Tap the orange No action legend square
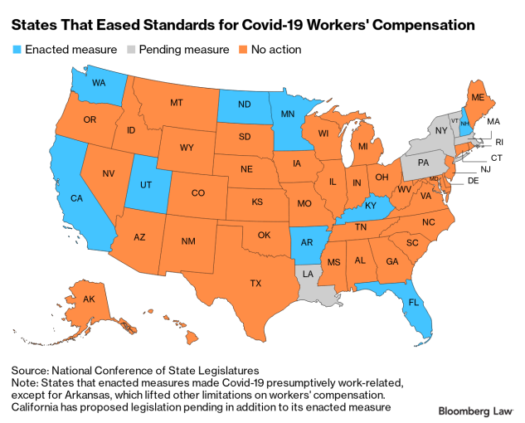pyautogui.click(x=241, y=50)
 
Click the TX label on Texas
pyautogui.click(x=255, y=283)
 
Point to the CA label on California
pyautogui.click(x=75, y=199)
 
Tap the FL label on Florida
pyautogui.click(x=412, y=304)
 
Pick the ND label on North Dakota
pyautogui.click(x=244, y=105)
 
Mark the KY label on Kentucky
pyautogui.click(x=371, y=205)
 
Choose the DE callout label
pyautogui.click(x=474, y=180)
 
